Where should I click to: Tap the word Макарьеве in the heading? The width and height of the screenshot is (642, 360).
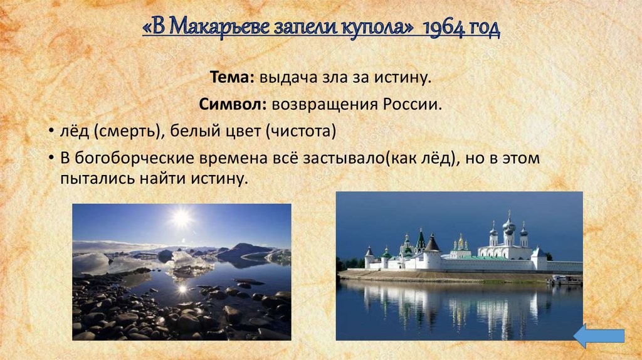213,28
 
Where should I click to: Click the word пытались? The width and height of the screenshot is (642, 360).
90,178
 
